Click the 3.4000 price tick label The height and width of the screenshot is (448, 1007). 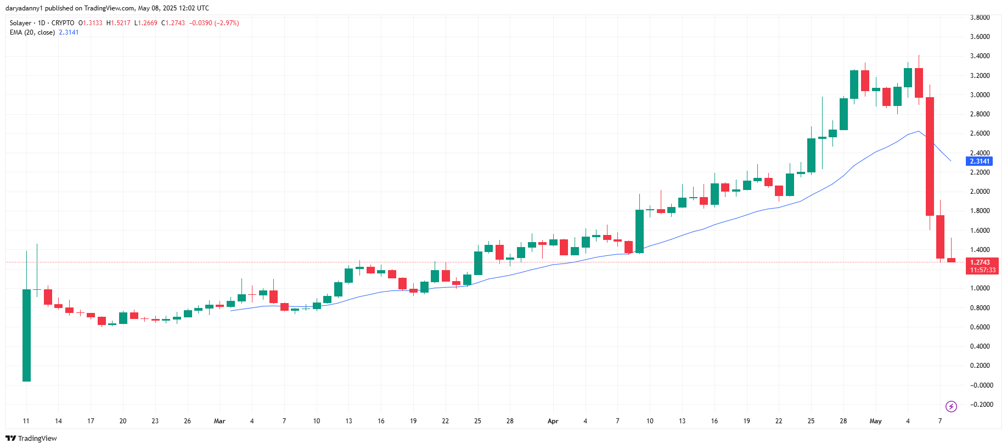980,56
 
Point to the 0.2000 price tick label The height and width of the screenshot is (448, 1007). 980,366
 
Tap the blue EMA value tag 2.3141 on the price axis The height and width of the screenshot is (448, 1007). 979,161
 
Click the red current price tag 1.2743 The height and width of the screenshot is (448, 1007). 980,262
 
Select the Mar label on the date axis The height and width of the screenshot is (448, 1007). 220,421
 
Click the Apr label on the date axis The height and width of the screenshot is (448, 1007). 553,421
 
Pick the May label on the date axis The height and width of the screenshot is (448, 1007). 875,421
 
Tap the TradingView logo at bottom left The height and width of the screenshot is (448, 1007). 31,438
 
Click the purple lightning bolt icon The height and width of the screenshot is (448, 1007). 951,406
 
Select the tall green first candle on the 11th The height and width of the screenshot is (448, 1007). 26,335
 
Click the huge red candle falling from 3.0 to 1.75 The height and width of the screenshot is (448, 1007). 930,156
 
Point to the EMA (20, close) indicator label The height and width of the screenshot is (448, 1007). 32,32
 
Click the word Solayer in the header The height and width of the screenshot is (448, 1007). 21,23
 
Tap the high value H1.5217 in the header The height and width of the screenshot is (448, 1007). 119,23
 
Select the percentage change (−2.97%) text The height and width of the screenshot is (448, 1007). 227,23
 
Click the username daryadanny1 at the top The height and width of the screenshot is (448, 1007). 24,8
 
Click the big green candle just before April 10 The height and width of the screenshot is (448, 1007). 639,231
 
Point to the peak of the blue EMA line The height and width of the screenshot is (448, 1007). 918,131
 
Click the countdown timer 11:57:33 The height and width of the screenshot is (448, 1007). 982,270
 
